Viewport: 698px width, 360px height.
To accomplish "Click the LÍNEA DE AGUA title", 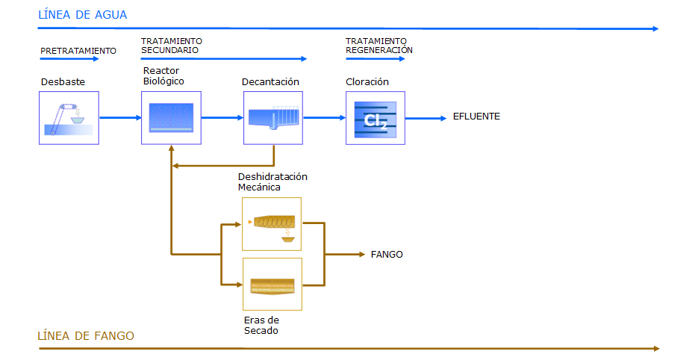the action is coord(82,15).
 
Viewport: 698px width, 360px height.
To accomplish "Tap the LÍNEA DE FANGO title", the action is coord(85,335).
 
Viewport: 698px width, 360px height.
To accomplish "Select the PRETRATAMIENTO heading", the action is coord(78,51).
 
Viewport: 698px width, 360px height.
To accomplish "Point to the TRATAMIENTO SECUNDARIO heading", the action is coord(172,46).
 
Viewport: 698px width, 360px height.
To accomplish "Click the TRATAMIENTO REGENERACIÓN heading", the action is coord(378,46).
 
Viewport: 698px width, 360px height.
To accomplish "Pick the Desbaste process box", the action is coord(69,118).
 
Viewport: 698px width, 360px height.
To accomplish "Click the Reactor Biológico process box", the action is coord(172,118).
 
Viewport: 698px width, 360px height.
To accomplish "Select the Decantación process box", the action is coord(273,118).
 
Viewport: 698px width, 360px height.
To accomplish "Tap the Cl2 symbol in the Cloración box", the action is coord(376,120).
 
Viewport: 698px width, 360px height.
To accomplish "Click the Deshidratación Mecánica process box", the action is coord(272,224).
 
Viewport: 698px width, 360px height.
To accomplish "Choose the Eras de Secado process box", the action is coord(272,285).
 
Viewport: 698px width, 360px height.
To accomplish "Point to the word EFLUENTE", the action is coord(476,117).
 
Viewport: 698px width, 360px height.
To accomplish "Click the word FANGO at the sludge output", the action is coord(387,255).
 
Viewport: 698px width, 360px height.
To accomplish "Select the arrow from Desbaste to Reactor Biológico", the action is coord(120,117).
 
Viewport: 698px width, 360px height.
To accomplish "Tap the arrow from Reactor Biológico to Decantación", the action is coord(222,117).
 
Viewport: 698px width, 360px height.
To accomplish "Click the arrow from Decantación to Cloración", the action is coord(325,117).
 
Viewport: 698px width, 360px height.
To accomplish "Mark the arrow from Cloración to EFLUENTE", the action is coord(426,118).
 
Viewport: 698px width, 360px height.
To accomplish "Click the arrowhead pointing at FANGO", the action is coord(362,255).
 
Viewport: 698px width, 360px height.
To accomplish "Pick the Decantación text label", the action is coord(270,81).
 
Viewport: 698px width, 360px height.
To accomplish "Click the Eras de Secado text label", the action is coord(261,325).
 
